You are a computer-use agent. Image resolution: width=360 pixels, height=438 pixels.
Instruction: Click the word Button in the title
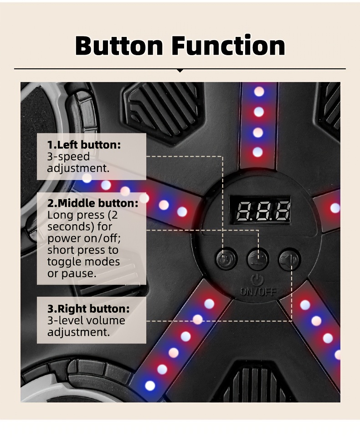(x=119, y=46)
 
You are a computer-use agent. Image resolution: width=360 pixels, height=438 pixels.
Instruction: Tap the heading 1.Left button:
(x=84, y=145)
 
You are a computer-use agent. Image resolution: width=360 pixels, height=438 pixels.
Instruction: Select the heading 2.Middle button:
(x=93, y=203)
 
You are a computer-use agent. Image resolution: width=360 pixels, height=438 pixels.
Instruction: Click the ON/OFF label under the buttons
(x=258, y=291)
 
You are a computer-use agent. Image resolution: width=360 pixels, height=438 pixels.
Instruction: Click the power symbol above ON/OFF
(x=258, y=279)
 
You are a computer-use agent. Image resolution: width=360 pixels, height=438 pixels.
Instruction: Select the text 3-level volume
(x=86, y=320)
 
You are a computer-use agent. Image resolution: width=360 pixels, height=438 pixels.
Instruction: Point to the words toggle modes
(x=83, y=262)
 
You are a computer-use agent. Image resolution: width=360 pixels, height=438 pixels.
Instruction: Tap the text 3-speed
(x=68, y=156)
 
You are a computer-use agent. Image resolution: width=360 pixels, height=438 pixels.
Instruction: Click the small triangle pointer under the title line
(x=180, y=71)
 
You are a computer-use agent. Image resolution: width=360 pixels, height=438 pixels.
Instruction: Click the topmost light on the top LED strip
(x=259, y=92)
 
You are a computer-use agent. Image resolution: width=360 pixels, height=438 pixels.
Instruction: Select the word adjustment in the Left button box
(x=77, y=168)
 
